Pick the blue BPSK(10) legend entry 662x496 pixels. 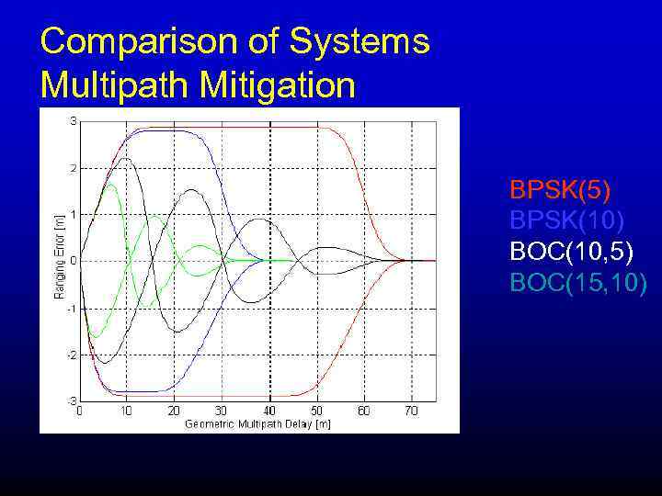point(567,220)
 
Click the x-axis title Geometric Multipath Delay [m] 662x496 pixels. point(257,423)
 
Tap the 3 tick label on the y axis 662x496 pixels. point(73,121)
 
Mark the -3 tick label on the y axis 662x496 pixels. point(71,401)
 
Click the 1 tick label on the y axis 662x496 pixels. point(73,215)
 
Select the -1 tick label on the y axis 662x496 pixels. point(71,309)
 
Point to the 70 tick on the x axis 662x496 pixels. point(411,411)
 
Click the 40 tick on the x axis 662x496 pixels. point(268,411)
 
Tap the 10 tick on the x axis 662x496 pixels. point(126,411)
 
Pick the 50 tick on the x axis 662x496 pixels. point(316,411)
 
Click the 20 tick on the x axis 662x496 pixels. point(174,411)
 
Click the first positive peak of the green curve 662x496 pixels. point(110,185)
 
